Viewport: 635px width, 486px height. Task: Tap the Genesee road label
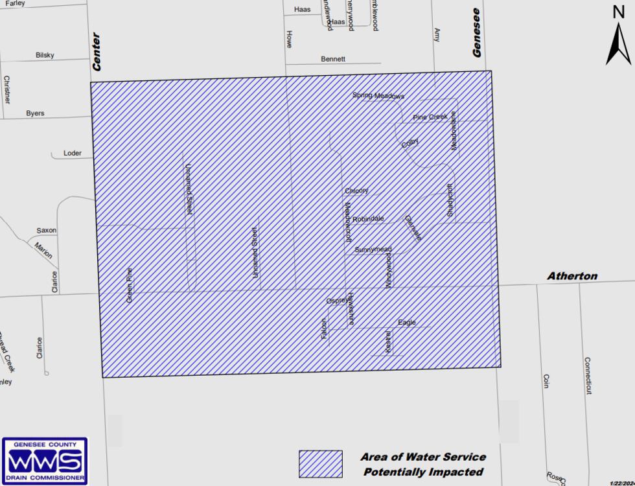click(478, 32)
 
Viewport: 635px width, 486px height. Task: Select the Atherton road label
click(572, 276)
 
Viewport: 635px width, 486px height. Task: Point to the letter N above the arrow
click(618, 11)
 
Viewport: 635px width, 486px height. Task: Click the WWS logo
click(44, 461)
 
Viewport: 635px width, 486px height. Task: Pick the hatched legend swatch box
click(320, 464)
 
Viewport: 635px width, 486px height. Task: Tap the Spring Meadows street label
click(378, 96)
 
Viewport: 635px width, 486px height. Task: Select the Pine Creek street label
click(430, 117)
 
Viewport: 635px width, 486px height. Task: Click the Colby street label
click(410, 143)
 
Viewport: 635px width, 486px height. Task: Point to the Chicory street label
click(356, 191)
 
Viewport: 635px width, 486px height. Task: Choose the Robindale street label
click(368, 219)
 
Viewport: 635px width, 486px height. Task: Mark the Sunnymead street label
click(373, 249)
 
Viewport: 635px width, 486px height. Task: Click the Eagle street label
click(407, 323)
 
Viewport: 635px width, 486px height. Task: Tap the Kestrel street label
click(388, 342)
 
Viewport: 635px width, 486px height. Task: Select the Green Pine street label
click(130, 285)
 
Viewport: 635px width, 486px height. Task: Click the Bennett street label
click(333, 59)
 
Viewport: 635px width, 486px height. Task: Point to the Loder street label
click(73, 154)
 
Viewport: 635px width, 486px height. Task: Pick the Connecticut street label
click(588, 375)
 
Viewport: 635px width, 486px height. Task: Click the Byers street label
click(35, 113)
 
